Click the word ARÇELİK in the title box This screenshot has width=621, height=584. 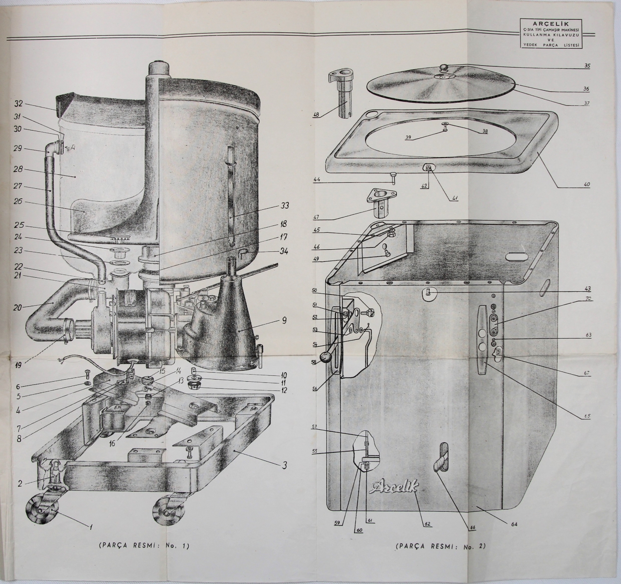(551, 24)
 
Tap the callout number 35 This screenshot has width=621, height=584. (587, 65)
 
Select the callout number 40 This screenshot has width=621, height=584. (587, 185)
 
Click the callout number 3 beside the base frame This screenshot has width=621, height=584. (284, 465)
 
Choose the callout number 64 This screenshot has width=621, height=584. (515, 524)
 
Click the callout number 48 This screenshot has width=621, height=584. (317, 115)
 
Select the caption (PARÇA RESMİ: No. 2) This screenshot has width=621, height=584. (440, 546)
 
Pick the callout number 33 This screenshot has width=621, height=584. (284, 206)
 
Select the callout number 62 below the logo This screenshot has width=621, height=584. (428, 524)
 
